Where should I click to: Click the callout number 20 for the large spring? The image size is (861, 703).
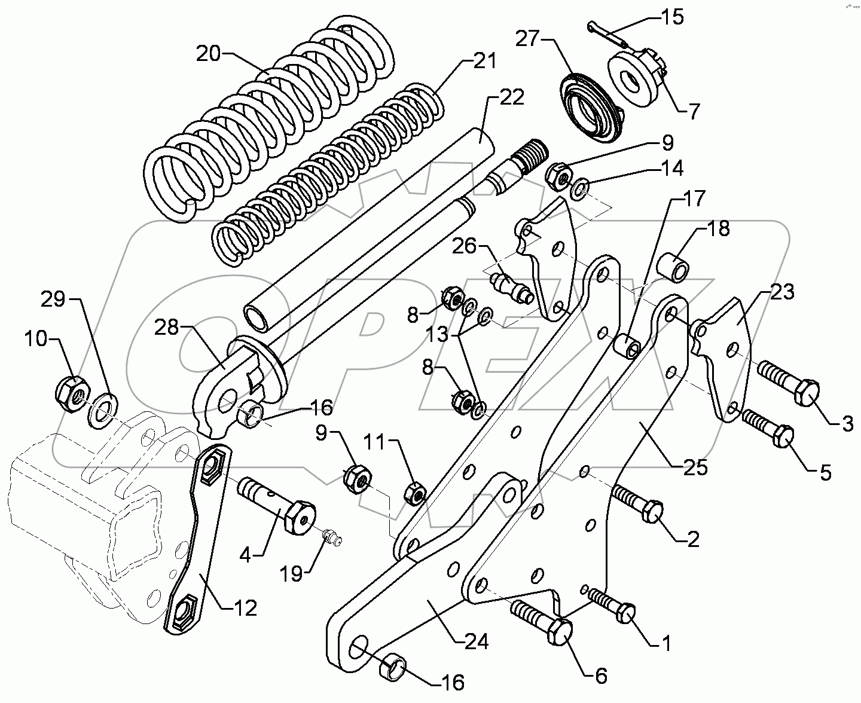click(x=208, y=54)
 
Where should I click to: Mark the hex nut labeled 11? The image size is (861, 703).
click(x=414, y=493)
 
